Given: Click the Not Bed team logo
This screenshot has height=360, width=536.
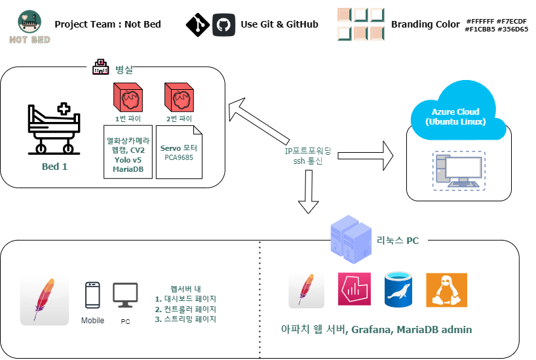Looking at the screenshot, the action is tap(29, 27).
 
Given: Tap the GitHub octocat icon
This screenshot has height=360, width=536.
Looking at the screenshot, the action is tap(223, 25).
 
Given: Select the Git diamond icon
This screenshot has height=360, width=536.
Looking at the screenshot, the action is tap(198, 25).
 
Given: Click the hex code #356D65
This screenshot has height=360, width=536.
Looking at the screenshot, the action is tap(512, 30).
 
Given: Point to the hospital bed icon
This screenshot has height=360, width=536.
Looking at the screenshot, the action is tap(54, 129).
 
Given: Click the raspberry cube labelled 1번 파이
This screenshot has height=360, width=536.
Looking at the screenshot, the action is tap(128, 97).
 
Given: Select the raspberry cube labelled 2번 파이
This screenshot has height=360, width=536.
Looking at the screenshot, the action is tap(179, 97).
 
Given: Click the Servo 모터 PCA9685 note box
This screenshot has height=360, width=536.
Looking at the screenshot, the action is tap(179, 152).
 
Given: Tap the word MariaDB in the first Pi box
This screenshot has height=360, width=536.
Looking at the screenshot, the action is tap(128, 169).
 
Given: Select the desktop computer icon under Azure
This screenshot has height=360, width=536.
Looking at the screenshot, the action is tap(459, 170).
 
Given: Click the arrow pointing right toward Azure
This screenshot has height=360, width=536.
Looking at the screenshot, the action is tap(366, 155).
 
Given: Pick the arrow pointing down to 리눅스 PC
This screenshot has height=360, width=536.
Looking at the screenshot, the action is tap(309, 191).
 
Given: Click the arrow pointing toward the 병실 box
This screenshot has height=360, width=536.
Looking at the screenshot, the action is tap(259, 121).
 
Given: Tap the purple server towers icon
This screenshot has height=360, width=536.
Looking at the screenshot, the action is tap(351, 239).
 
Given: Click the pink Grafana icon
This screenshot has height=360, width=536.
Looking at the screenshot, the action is tap(354, 289).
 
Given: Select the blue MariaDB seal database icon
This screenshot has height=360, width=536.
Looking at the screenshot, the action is tap(398, 289).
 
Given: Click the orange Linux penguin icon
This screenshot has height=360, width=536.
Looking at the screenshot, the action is tap(446, 290).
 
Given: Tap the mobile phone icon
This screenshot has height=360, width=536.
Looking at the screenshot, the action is tap(92, 295).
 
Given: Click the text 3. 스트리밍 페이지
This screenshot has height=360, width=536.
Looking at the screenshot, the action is tap(185, 319).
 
